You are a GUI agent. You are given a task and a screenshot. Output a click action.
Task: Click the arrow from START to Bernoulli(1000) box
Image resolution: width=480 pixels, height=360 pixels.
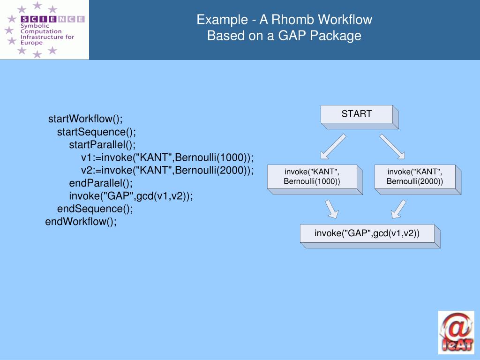pyautogui.click(x=333, y=147)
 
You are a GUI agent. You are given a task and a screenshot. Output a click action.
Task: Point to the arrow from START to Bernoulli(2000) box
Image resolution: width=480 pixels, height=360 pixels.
pyautogui.click(x=392, y=147)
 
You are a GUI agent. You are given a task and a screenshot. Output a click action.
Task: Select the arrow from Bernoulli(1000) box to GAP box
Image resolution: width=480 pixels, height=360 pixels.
pyautogui.click(x=332, y=209)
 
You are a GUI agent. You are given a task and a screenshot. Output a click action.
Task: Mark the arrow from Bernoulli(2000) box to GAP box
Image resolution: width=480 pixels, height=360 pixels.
pyautogui.click(x=398, y=209)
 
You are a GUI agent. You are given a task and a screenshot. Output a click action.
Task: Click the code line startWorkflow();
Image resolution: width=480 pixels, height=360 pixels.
pyautogui.click(x=85, y=119)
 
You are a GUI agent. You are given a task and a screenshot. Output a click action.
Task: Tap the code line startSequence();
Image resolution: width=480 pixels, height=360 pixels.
pyautogui.click(x=97, y=132)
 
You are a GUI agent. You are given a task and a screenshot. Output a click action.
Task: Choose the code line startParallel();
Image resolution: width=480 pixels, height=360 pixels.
pyautogui.click(x=102, y=145)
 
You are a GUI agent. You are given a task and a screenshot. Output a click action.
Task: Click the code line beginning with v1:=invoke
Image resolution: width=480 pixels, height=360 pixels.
pyautogui.click(x=167, y=157)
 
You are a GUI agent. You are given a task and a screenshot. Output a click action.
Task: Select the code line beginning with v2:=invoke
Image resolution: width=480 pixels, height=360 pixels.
pyautogui.click(x=167, y=170)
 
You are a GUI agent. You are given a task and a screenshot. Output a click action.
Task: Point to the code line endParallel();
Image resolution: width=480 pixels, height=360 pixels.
pyautogui.click(x=101, y=183)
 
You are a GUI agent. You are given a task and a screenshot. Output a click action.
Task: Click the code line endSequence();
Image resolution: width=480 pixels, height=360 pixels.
pyautogui.click(x=95, y=209)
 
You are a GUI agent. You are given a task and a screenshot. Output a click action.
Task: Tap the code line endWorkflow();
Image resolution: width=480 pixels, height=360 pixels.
pyautogui.click(x=81, y=222)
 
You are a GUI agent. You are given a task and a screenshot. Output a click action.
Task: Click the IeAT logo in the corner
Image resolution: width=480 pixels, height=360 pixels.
pyautogui.click(x=456, y=332)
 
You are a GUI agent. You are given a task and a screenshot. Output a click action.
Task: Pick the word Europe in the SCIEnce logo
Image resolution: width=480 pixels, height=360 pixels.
pyautogui.click(x=31, y=43)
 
